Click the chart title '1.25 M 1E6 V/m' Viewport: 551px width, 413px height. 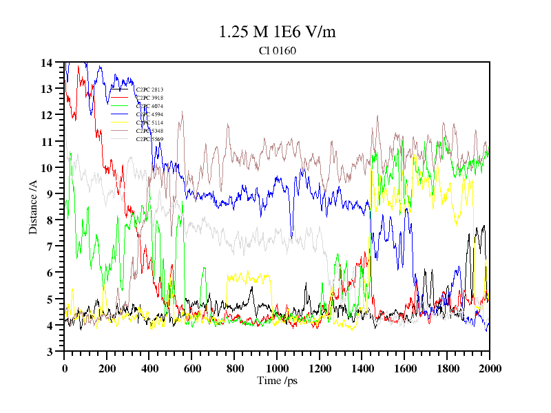tap(278, 32)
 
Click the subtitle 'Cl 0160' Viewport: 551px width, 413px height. tap(278, 50)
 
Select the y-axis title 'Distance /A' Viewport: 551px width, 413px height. tap(33, 206)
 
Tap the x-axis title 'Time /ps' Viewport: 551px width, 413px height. tap(277, 380)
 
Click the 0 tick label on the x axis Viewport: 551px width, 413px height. tap(65, 368)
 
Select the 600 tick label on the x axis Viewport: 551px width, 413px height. tap(192, 368)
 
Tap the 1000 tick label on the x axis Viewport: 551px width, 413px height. tap(277, 368)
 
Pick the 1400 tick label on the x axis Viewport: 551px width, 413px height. tap(362, 368)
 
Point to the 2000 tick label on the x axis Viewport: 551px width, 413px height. tap(490, 368)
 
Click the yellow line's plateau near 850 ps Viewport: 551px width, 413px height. tap(245, 277)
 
